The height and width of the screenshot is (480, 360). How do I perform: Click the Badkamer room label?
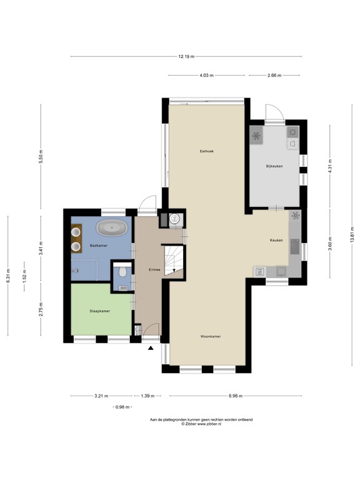point(99,246)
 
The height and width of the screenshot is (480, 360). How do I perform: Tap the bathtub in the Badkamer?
point(112,227)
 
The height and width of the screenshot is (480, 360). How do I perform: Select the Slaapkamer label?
point(100,311)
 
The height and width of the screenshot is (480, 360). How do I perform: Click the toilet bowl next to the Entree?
point(122,271)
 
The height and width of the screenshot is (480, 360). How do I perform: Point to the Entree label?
point(154,270)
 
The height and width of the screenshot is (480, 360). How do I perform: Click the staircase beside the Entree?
point(174,260)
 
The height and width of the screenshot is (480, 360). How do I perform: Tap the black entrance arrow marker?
point(151,347)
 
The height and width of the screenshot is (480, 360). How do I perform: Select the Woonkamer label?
point(211,336)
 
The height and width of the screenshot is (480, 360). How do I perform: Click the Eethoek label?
point(207,151)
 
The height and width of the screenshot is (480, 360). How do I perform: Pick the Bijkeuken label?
point(274,166)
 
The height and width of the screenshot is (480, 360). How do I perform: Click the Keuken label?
point(276,240)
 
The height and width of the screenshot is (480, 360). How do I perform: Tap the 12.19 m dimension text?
point(186,56)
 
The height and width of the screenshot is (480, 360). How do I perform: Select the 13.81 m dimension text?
point(352,234)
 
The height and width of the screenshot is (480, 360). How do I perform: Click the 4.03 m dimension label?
point(207,75)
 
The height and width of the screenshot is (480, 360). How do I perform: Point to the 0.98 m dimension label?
point(122,407)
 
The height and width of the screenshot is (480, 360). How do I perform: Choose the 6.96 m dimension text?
point(236,396)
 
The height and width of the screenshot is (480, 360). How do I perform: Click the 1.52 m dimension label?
point(24,276)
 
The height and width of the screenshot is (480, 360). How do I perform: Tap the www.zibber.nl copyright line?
point(201,424)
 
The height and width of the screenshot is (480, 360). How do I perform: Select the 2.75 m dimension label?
point(41,309)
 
